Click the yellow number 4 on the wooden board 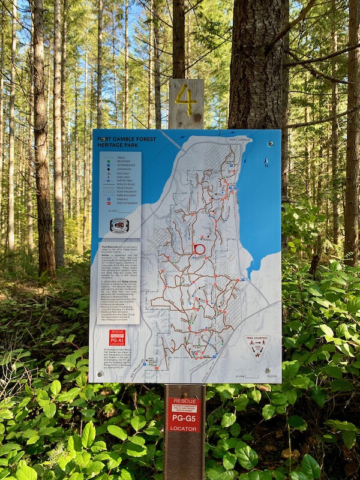coord(186,100)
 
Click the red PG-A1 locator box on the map coord(118,338)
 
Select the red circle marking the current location coord(199,249)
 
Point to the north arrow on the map coord(266,162)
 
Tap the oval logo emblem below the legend coord(119,226)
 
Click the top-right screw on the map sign coord(271,144)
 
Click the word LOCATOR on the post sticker coord(184,430)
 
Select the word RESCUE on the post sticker coord(184,401)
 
